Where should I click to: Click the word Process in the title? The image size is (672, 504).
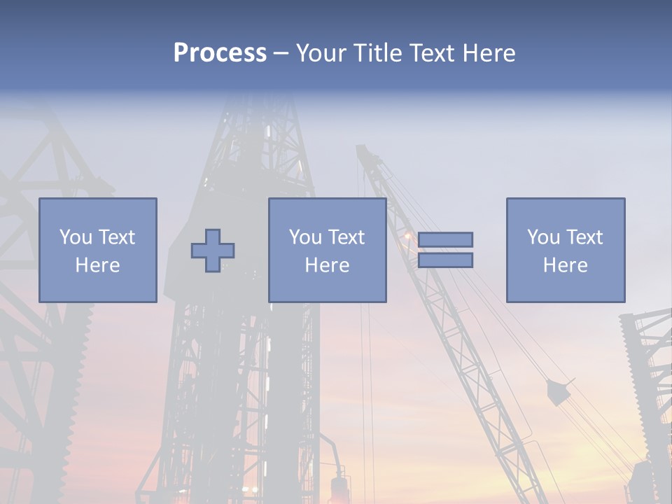click(x=220, y=53)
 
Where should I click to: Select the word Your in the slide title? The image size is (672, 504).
click(x=320, y=53)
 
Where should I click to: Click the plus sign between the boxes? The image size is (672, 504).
click(x=213, y=251)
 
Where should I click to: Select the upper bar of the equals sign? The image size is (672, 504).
click(x=445, y=239)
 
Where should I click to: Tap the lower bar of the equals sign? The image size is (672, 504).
click(x=445, y=260)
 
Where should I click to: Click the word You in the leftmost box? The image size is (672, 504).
click(x=76, y=237)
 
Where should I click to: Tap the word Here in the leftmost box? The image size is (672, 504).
click(x=97, y=265)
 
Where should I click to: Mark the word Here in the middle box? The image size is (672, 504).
click(x=327, y=265)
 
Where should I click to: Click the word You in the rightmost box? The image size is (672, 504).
click(x=543, y=237)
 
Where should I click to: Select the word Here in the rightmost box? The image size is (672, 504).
click(x=565, y=265)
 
